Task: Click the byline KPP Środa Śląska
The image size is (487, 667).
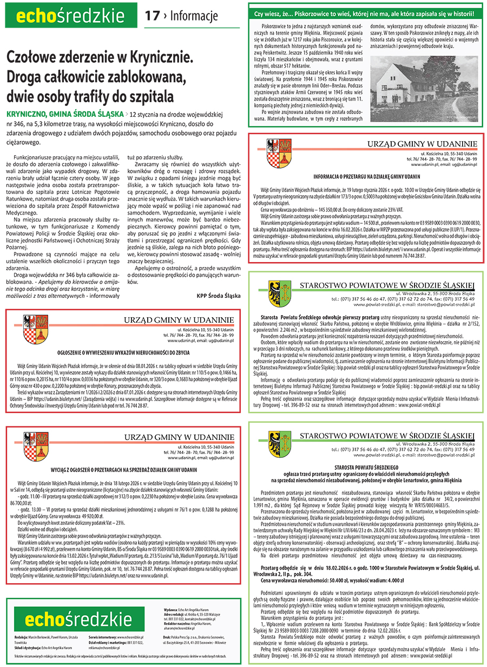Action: (219, 296)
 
